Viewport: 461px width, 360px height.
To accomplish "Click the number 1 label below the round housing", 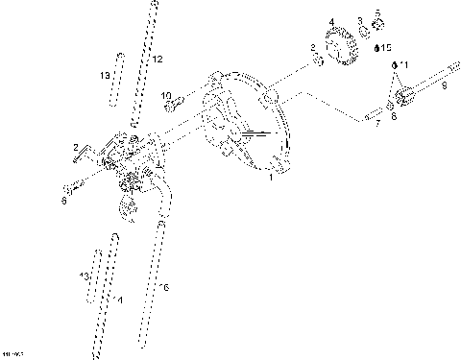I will (272, 177).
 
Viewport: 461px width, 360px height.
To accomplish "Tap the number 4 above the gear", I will (331, 22).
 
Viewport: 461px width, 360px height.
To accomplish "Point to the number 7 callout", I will (377, 124).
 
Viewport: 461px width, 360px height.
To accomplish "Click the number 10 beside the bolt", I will (165, 95).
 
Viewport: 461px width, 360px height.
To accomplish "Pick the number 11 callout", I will (403, 64).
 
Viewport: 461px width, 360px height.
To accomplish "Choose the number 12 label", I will (158, 60).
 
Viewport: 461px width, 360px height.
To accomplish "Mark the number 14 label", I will (119, 300).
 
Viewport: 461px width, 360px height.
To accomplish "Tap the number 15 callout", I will (386, 46).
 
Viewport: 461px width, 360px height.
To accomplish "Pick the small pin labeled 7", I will (371, 118).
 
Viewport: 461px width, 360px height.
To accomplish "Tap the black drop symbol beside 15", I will (377, 46).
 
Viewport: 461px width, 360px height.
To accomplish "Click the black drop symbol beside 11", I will (394, 63).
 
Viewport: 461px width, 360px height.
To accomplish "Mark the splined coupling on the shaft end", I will (404, 94).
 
